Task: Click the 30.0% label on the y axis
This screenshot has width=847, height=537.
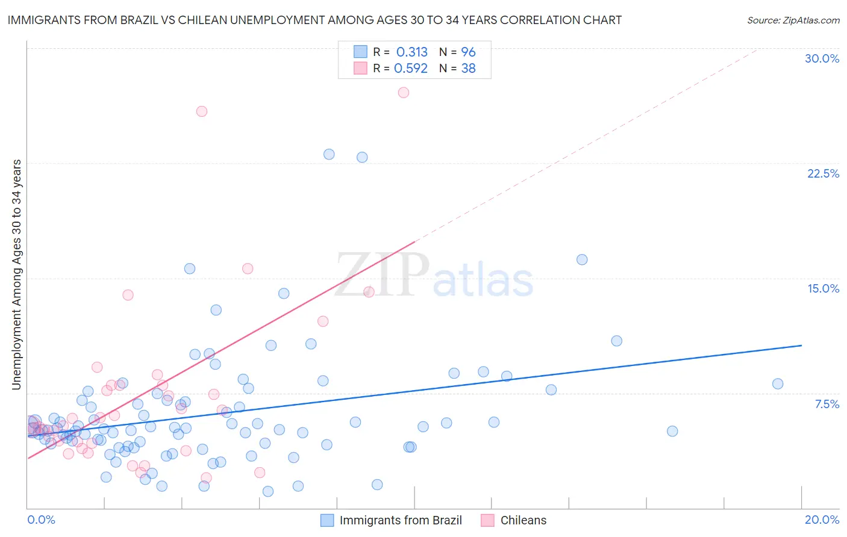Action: (822, 58)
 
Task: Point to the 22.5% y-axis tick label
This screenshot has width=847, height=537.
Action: (823, 173)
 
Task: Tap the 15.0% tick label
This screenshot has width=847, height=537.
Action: (823, 288)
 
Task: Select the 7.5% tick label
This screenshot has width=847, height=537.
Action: (827, 404)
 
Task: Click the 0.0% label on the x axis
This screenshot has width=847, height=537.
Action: (41, 520)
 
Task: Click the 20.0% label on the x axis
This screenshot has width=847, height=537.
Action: (822, 520)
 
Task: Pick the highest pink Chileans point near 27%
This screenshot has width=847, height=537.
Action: (404, 93)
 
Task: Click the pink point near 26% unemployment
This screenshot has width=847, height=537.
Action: (202, 111)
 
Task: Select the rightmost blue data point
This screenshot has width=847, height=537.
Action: (778, 384)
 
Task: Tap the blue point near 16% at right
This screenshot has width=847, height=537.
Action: (582, 260)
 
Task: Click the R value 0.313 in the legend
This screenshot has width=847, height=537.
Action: (411, 52)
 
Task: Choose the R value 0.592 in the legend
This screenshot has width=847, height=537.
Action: (411, 69)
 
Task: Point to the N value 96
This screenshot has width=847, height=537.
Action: (468, 52)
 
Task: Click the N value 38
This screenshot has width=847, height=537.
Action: (468, 69)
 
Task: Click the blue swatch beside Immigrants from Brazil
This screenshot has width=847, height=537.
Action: (327, 520)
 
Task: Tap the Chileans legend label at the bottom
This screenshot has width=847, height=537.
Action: (523, 520)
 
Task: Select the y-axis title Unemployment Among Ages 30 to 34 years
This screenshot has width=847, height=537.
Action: (17, 275)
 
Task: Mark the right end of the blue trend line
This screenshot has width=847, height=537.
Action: (801, 346)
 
